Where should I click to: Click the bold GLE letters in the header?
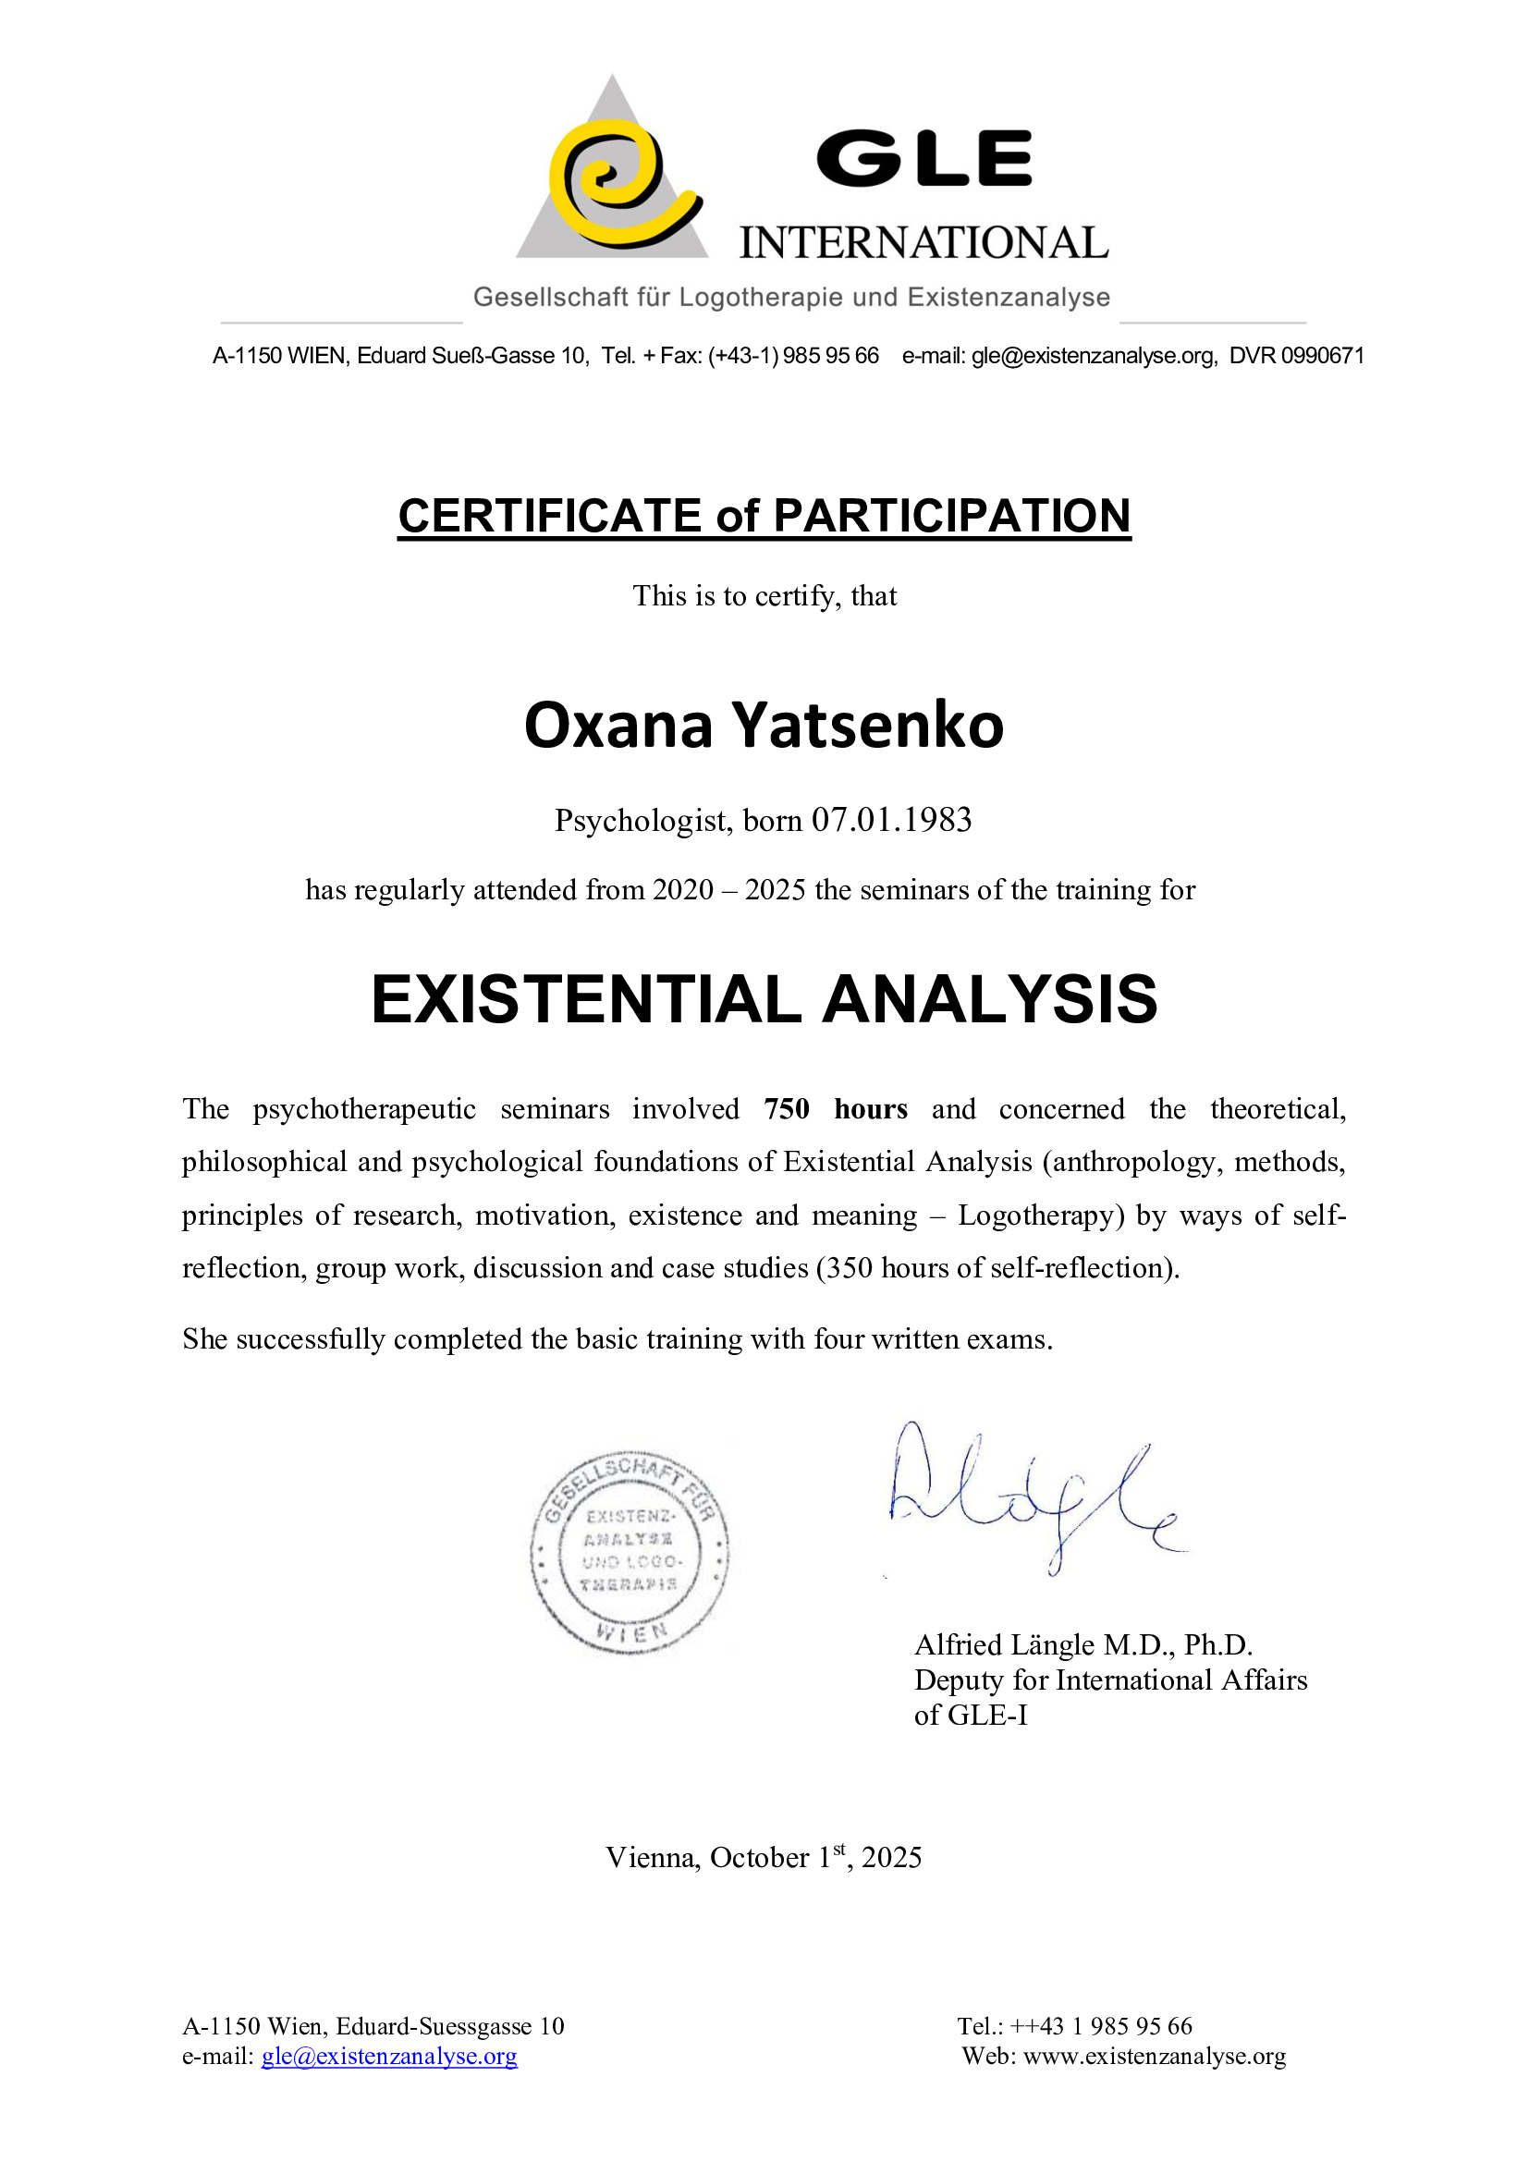click(923, 159)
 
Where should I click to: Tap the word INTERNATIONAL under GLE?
click(923, 243)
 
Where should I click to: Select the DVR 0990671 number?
click(1295, 356)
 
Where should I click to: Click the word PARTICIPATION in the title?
click(951, 516)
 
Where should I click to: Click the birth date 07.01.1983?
click(890, 820)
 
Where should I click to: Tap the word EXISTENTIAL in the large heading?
click(585, 999)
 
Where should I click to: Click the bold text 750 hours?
click(834, 1108)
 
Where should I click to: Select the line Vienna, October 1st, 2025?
click(763, 1857)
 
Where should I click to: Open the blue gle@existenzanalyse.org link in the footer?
click(389, 2057)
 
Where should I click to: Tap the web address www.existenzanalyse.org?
click(1154, 2057)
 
